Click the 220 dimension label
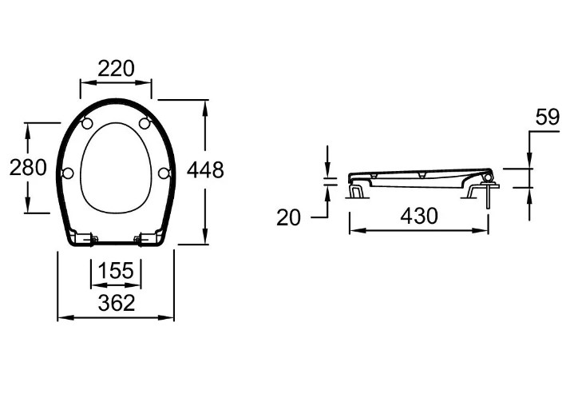point(116,69)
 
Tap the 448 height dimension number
point(205,170)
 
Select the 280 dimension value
point(28,167)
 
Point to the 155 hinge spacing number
point(116,270)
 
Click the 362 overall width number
point(117,303)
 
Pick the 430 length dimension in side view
point(419,216)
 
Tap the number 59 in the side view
point(547,117)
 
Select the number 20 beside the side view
point(289,218)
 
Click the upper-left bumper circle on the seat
point(87,124)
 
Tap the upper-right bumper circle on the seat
point(144,123)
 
